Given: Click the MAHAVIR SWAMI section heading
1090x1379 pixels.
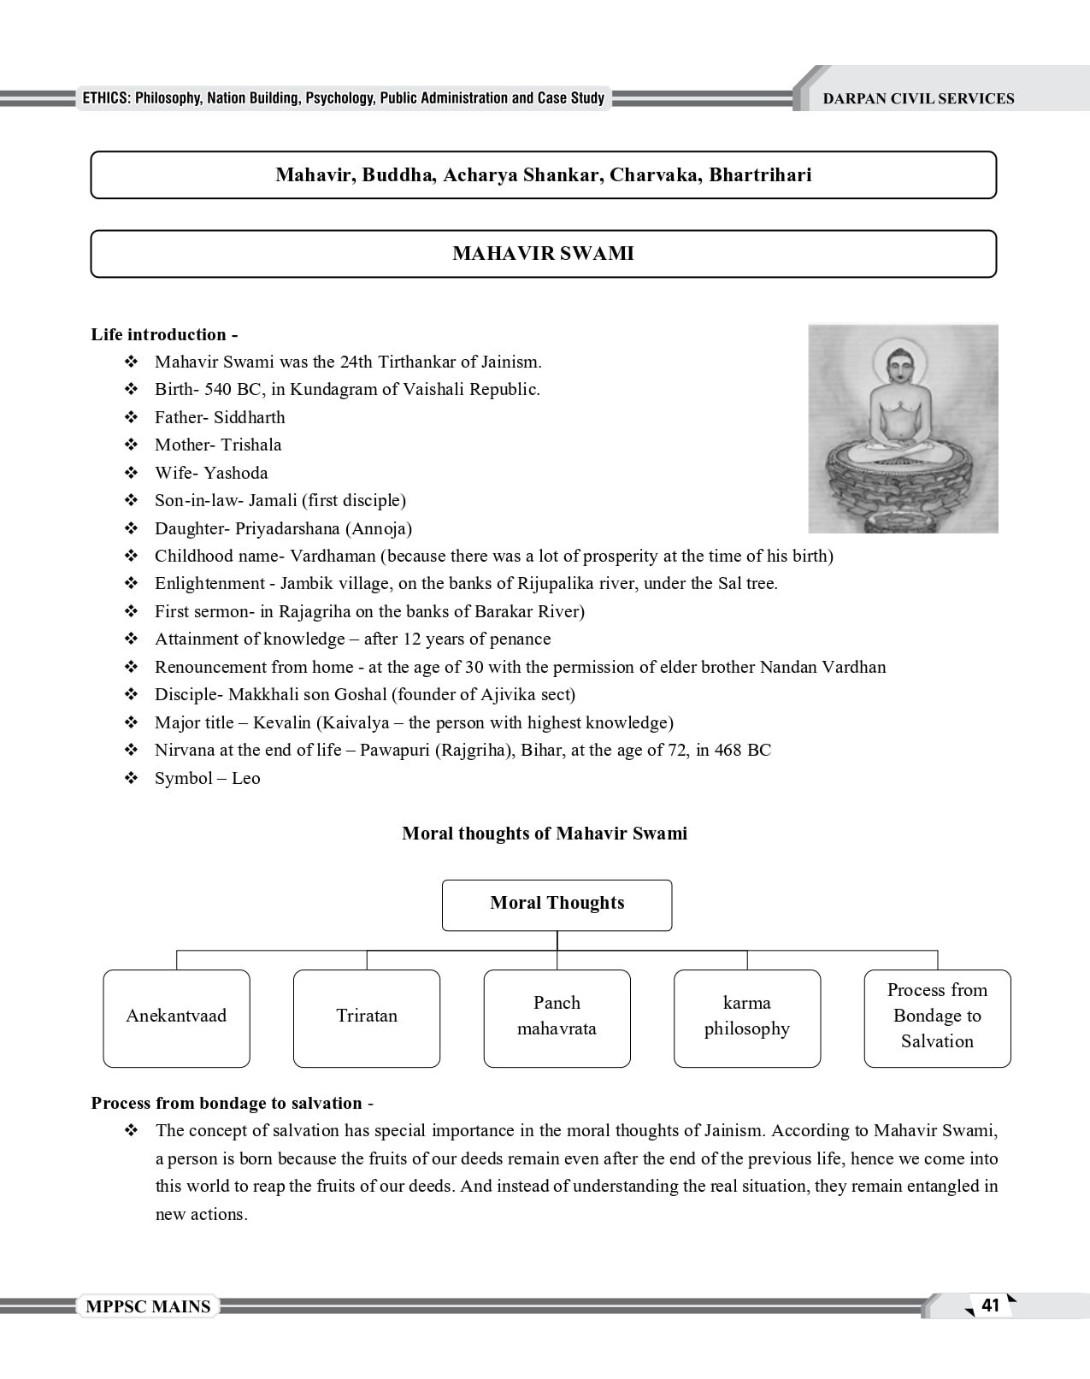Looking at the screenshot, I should (x=543, y=254).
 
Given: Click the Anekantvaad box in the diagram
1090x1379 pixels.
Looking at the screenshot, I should (x=176, y=1017).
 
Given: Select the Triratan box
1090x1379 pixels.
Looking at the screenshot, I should (x=367, y=1017).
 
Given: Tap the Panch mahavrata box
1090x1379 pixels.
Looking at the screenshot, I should (x=557, y=1017).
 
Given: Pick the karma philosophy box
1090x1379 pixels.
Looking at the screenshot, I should (x=746, y=1017).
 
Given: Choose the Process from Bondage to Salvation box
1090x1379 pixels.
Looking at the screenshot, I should (x=937, y=1017).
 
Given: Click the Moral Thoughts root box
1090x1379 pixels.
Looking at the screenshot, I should (x=557, y=904).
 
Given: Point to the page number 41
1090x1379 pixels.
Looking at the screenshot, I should (x=990, y=1305).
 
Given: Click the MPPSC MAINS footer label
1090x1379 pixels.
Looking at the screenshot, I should (x=148, y=1306).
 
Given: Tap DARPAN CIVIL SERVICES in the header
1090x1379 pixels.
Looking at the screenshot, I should (x=918, y=98).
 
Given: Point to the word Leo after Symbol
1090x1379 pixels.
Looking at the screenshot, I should (x=246, y=778).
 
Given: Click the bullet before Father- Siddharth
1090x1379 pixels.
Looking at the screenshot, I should (x=132, y=417).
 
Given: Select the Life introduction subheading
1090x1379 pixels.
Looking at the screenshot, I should (x=164, y=334).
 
